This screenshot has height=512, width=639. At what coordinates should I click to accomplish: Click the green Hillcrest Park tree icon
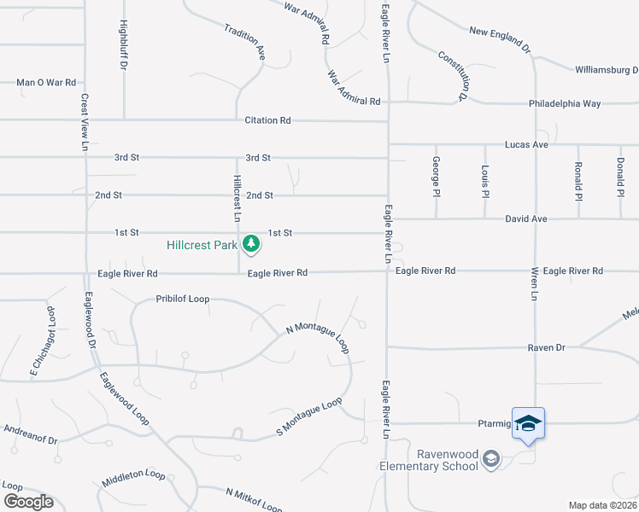[250, 245]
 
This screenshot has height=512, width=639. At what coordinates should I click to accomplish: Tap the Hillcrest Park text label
[202, 246]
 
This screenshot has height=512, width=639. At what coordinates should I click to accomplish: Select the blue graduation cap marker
[528, 424]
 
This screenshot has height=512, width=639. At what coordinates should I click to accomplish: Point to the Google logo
[27, 502]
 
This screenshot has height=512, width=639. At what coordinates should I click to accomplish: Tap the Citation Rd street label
[267, 120]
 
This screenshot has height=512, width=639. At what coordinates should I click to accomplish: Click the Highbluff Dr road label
[124, 44]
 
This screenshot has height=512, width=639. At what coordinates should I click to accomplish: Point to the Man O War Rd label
[46, 83]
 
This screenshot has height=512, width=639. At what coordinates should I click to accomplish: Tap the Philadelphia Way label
[565, 103]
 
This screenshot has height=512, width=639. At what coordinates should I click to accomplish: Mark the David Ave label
[525, 219]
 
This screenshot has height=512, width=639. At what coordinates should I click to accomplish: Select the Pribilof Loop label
[182, 300]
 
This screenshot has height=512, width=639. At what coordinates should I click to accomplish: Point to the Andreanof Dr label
[30, 434]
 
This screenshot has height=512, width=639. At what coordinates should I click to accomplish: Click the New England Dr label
[500, 38]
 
